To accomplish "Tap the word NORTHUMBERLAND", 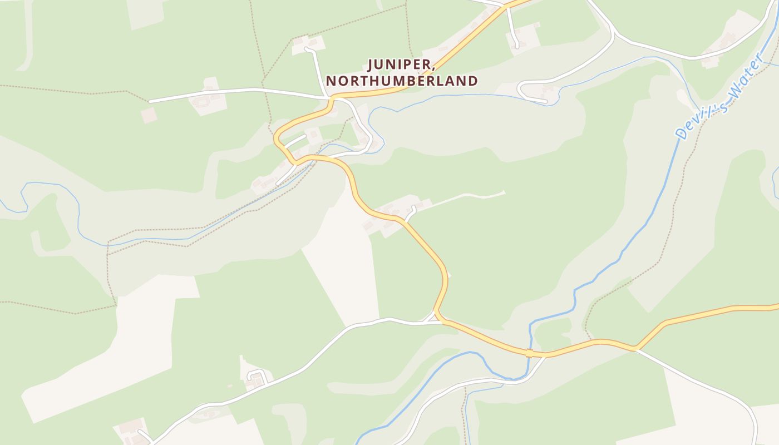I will tap(402, 81).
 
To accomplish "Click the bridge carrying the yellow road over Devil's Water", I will tap(529, 353).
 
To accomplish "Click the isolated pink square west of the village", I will tap(149, 116).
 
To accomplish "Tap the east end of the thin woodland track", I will tap(504, 192).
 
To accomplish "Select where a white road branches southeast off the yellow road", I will tap(637, 349).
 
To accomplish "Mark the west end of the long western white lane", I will tap(150, 102).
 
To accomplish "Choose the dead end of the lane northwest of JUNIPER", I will tap(306, 50).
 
